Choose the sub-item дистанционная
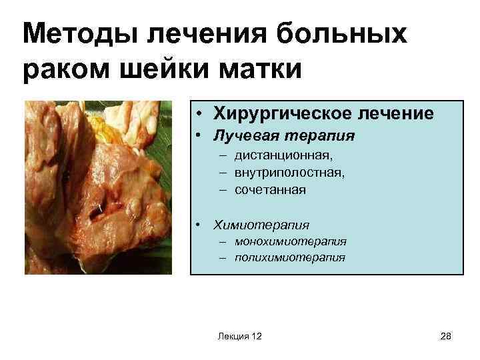click(283, 156)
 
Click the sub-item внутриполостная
click(289, 173)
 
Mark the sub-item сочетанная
click(270, 190)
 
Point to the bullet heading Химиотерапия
click(261, 225)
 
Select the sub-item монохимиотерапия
click(290, 241)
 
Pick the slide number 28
click(446, 337)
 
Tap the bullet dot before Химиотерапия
click(200, 225)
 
